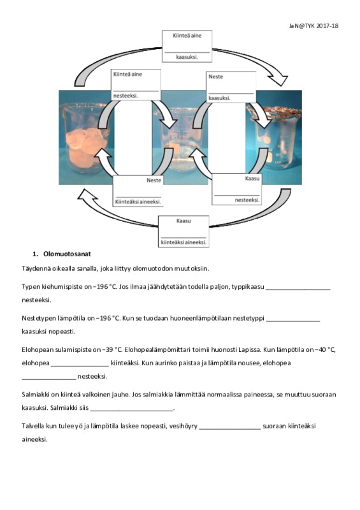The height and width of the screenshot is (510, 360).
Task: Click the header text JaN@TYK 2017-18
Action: point(313,26)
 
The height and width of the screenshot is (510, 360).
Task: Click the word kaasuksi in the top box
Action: point(187,57)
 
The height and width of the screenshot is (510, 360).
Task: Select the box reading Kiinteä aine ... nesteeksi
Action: point(136,85)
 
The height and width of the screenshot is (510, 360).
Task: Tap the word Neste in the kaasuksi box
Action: point(215,76)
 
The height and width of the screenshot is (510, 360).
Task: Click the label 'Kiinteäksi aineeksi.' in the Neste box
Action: point(138,201)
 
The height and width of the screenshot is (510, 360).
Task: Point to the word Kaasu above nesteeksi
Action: point(252,178)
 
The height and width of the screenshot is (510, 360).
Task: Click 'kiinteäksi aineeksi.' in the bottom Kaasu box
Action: point(184,242)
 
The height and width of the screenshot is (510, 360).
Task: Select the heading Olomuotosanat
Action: point(67,254)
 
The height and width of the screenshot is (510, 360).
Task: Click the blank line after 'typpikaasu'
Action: point(298,289)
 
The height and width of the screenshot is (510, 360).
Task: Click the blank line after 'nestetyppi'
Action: point(293,321)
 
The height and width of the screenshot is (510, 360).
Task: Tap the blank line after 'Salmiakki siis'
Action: point(132,411)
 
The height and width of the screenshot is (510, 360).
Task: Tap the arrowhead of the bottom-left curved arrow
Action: point(87,194)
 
